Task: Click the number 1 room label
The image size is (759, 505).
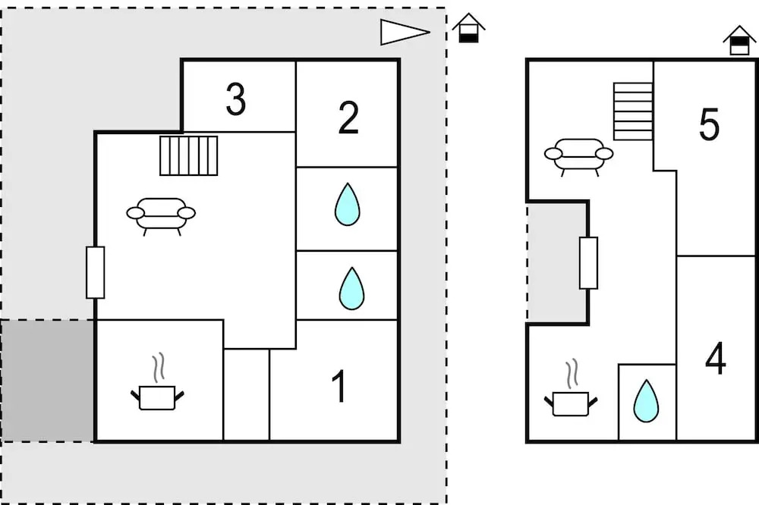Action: coord(340,386)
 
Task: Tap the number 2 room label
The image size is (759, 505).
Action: coord(348,118)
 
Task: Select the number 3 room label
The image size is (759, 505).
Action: coord(236,99)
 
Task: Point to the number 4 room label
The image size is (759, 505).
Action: coord(716,359)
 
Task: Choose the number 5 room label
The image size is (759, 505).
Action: coord(709,125)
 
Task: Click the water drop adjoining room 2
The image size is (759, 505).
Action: coord(347,205)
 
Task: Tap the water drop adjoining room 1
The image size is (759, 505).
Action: coord(351,288)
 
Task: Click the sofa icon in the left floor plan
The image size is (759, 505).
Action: coord(161,215)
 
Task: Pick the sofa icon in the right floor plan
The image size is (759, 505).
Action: coord(578,155)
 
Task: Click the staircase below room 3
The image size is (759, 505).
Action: coord(189,155)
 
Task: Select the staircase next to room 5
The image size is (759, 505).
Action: coord(633,111)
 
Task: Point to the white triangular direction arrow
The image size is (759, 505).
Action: coord(402,32)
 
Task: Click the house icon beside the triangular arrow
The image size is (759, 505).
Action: coord(469,28)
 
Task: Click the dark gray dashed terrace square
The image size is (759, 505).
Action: coord(47,380)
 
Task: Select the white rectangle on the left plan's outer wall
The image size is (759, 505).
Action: coord(95,272)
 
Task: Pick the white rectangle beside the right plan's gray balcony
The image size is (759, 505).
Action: coord(588,262)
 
